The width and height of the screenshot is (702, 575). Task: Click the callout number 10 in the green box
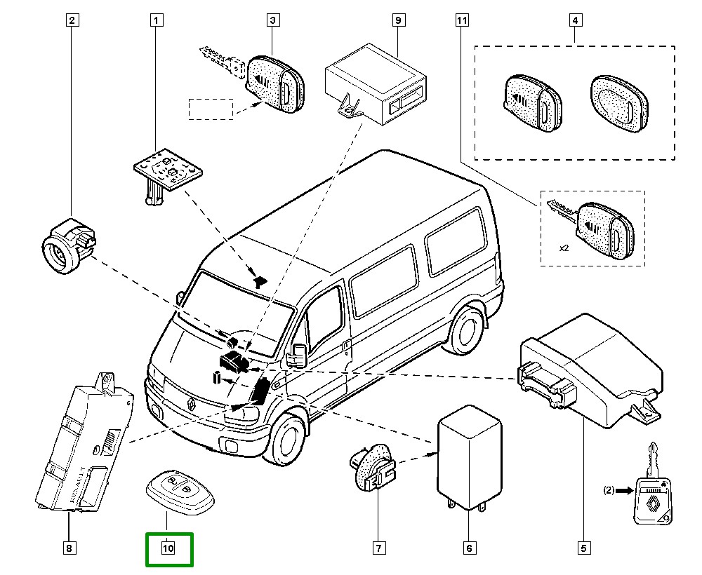168,548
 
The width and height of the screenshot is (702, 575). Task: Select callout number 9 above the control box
397,20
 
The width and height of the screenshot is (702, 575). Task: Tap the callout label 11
461,20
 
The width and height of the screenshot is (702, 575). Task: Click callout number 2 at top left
71,20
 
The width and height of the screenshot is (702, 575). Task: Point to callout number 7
378,548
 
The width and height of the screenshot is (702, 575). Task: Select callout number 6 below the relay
469,548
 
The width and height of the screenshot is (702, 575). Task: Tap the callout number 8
69,548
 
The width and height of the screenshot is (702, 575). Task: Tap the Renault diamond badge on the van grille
190,402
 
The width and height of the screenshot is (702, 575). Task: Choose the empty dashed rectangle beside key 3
210,109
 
